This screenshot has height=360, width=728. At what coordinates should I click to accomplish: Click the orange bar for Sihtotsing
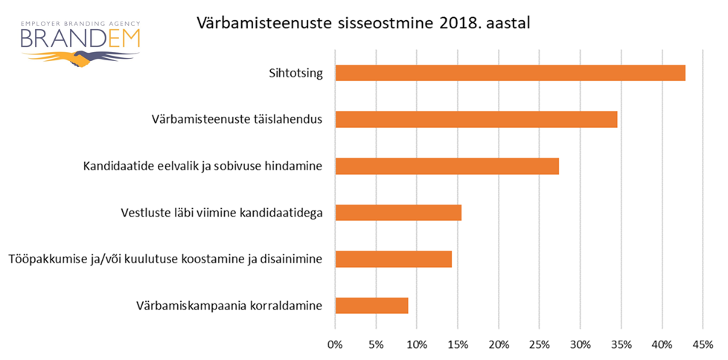(510, 73)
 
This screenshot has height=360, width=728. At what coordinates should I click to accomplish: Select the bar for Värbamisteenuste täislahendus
(476, 119)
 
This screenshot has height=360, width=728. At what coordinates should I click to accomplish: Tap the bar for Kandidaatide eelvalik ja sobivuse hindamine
(447, 166)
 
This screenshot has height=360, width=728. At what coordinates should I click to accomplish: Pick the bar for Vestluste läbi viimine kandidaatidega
(398, 213)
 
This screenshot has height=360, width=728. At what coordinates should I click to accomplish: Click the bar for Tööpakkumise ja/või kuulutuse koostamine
(393, 259)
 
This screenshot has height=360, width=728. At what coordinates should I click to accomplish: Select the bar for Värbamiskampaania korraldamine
(371, 306)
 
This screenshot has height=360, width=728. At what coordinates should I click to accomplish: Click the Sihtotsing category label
(296, 73)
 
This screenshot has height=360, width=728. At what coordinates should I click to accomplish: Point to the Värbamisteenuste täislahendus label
(237, 119)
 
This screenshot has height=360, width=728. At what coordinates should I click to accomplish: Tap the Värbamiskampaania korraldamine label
(229, 306)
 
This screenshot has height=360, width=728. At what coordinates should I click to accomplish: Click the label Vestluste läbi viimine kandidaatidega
(221, 213)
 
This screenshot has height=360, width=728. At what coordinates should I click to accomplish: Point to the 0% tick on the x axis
(335, 344)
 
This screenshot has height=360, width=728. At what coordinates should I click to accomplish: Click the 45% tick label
(703, 344)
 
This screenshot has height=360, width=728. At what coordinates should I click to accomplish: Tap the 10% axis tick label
(417, 344)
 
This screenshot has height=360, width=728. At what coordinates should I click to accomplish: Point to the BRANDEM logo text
(80, 37)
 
